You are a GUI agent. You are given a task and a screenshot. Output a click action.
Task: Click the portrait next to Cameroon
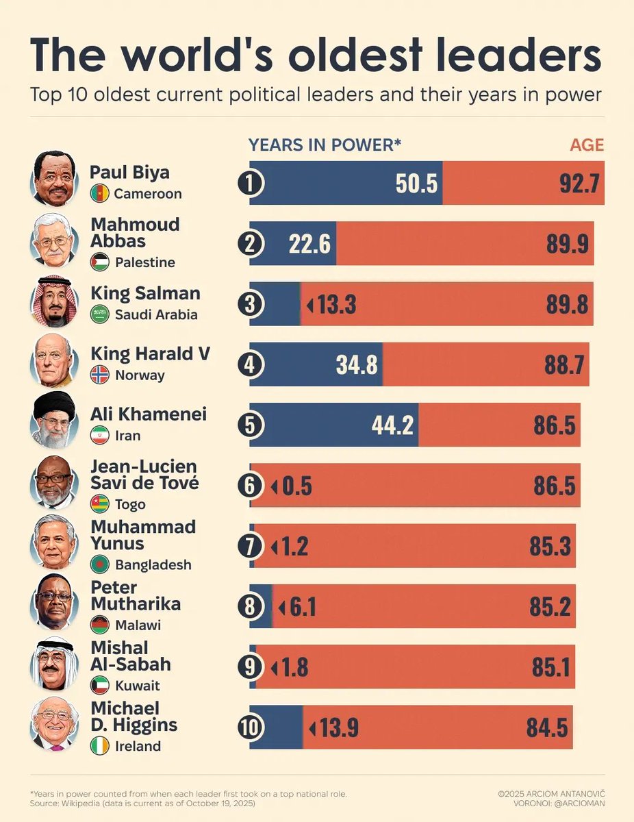click(x=53, y=179)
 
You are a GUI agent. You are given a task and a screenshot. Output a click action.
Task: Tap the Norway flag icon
click(x=100, y=375)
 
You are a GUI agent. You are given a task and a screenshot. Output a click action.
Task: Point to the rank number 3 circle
click(x=250, y=304)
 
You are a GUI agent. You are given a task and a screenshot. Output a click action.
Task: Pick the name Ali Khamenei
click(x=149, y=414)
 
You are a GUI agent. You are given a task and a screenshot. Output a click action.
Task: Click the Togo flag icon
click(x=100, y=504)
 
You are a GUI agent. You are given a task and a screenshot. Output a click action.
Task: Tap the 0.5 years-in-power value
click(x=296, y=486)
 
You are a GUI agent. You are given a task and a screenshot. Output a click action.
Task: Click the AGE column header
click(x=587, y=145)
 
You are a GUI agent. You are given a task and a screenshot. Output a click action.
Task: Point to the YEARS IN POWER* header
click(x=325, y=145)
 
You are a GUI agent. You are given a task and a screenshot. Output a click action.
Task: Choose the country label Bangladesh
click(x=153, y=565)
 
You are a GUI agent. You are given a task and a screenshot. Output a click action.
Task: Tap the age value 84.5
click(x=547, y=727)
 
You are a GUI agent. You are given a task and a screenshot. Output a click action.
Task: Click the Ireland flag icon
click(x=100, y=746)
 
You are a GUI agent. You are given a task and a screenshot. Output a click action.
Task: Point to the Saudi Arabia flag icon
click(x=100, y=314)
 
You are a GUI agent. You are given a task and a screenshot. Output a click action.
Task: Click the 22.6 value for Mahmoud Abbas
click(x=309, y=244)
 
